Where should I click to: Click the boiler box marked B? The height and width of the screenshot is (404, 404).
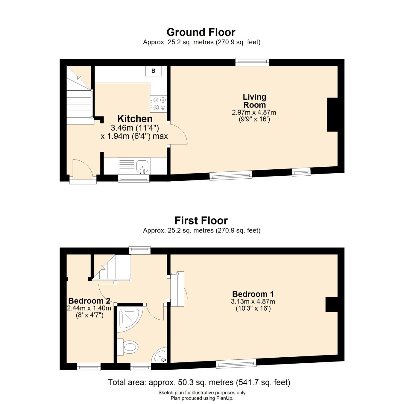coord(153,71)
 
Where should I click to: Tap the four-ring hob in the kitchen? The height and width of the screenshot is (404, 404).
coord(158,104)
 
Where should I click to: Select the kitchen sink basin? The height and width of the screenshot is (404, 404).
coord(142,165)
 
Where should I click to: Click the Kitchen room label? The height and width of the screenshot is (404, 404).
coord(135,119)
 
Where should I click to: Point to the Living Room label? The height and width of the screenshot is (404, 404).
coord(254,101)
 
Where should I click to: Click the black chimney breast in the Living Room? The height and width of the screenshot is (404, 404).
coord(332,115)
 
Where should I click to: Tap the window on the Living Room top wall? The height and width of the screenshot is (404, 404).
coord(252,62)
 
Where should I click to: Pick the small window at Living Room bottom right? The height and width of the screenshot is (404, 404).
coord(301,171)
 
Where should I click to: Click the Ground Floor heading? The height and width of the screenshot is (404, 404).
coord(201,32)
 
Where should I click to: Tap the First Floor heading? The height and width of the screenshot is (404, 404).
coord(201,221)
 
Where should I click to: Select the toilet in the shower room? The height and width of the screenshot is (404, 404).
coord(129,347)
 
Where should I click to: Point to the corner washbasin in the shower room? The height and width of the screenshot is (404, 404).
coord(160,356)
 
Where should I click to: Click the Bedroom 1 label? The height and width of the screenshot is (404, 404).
coord(253,294)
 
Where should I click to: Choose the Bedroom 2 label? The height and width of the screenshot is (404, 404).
coord(89,301)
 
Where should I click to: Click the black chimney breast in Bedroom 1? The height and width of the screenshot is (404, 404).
coord(331,304)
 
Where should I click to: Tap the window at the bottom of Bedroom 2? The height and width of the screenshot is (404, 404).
coord(89,367)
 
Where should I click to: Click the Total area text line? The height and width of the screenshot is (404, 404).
coord(199,382)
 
